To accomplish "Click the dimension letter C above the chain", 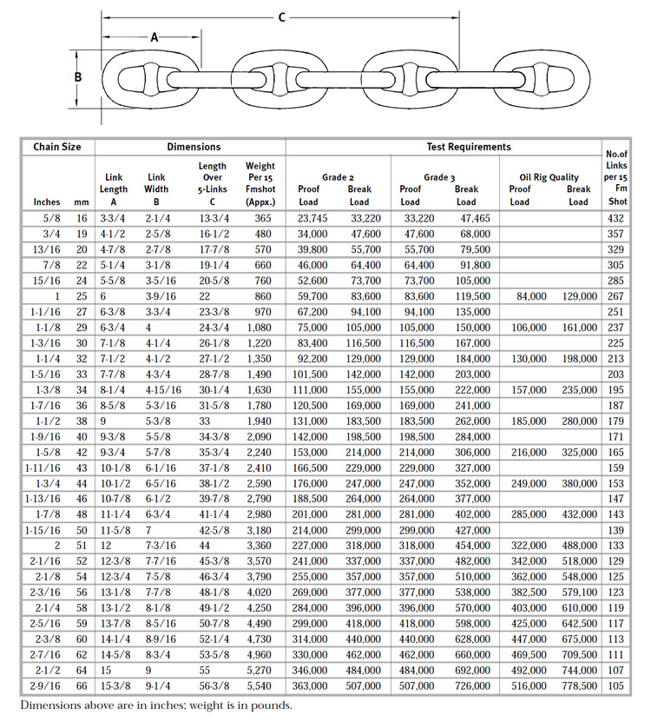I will click(282, 16).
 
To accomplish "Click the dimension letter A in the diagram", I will click(155, 37).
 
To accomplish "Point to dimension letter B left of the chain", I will click(78, 76).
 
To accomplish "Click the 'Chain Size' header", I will click(57, 147).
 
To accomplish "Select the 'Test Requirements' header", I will click(469, 147).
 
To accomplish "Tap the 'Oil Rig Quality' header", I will click(549, 177).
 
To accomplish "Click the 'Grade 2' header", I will click(339, 177).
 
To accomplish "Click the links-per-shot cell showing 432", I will click(616, 218).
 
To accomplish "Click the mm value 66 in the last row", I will click(82, 686).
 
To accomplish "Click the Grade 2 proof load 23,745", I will click(312, 218).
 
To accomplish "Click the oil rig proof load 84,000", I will click(529, 296).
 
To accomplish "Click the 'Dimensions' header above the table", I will click(193, 147).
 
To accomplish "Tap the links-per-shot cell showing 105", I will click(616, 686).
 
